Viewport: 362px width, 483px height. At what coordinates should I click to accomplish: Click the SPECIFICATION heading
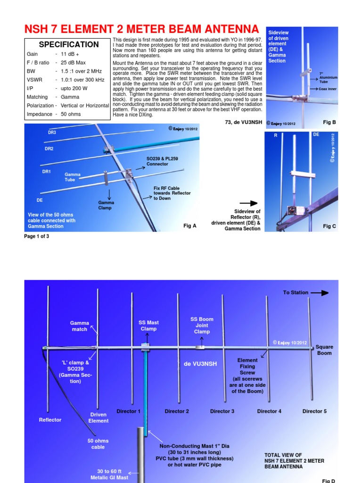[69, 44]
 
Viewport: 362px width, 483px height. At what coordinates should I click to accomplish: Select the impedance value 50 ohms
[71, 114]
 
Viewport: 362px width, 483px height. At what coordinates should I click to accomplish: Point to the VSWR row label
[35, 80]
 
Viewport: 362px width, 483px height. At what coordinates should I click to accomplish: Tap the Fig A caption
[189, 226]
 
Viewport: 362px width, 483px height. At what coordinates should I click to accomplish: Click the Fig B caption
[329, 122]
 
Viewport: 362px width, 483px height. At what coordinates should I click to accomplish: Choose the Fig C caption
[329, 226]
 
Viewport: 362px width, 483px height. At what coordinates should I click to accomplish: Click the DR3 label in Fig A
[52, 133]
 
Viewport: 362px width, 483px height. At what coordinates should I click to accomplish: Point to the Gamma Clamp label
[107, 205]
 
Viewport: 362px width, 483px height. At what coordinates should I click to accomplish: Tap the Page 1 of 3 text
[36, 236]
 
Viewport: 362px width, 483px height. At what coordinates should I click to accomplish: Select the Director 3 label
[222, 411]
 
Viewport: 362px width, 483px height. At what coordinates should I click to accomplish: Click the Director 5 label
[314, 411]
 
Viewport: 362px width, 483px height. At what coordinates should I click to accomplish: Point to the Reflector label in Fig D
[50, 420]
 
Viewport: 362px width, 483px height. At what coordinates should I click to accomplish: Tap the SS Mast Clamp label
[148, 325]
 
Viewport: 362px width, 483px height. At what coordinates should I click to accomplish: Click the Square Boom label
[324, 350]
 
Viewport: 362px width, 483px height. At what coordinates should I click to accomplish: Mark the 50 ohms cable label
[98, 444]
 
